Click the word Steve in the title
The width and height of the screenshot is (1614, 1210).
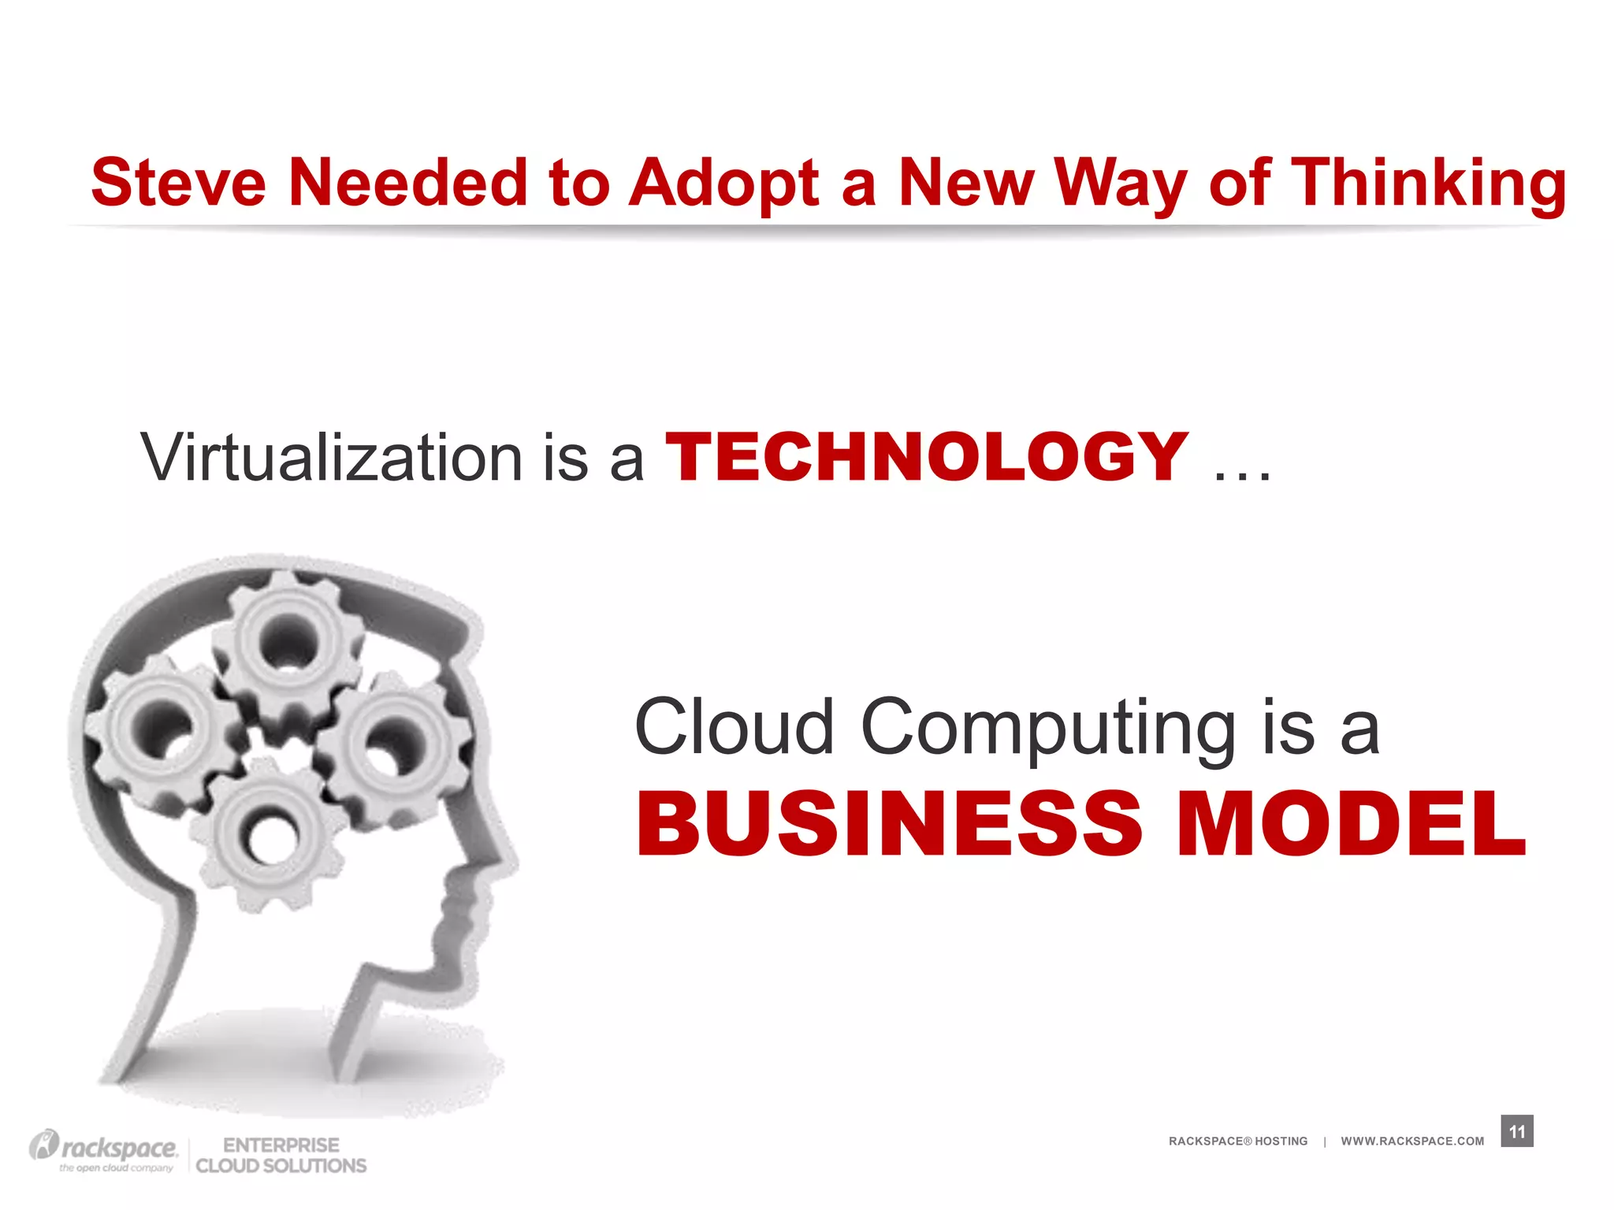point(179,183)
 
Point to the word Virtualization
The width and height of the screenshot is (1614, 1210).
point(331,458)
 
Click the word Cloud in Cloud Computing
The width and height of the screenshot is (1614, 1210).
point(734,726)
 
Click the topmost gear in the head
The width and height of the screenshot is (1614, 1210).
point(288,642)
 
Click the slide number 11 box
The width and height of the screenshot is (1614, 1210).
point(1516,1131)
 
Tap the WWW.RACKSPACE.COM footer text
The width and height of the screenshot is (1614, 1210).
point(1411,1141)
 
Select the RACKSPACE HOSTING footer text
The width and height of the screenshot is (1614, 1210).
point(1237,1141)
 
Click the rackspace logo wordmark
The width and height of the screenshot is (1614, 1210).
point(118,1147)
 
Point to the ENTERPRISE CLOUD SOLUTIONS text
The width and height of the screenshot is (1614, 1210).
point(281,1155)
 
